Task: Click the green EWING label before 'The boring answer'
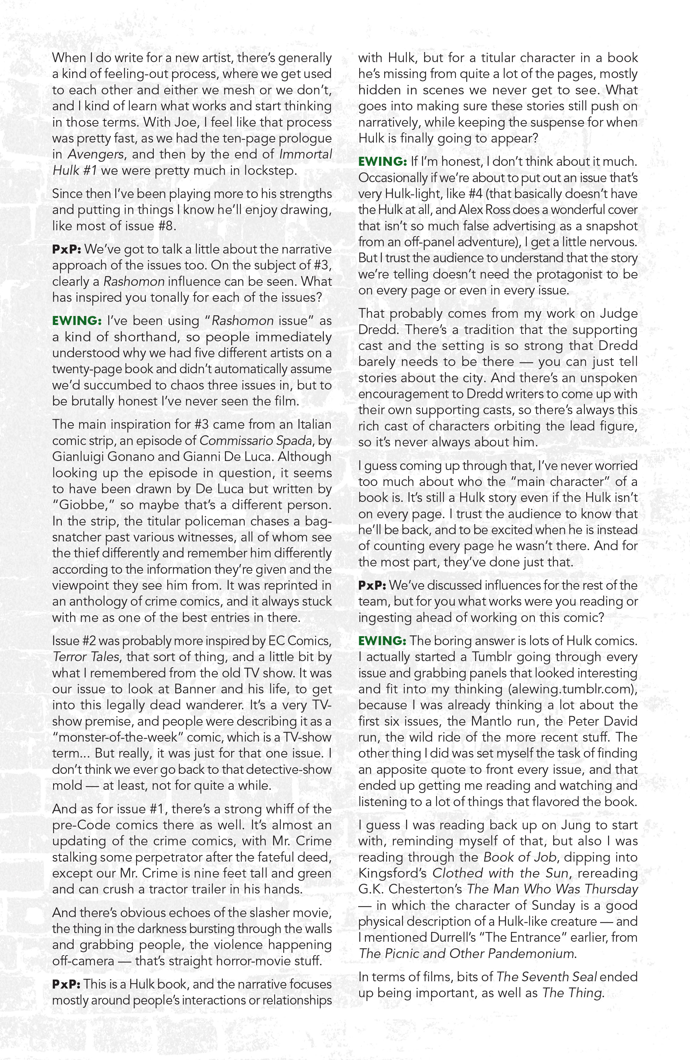(x=382, y=641)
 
